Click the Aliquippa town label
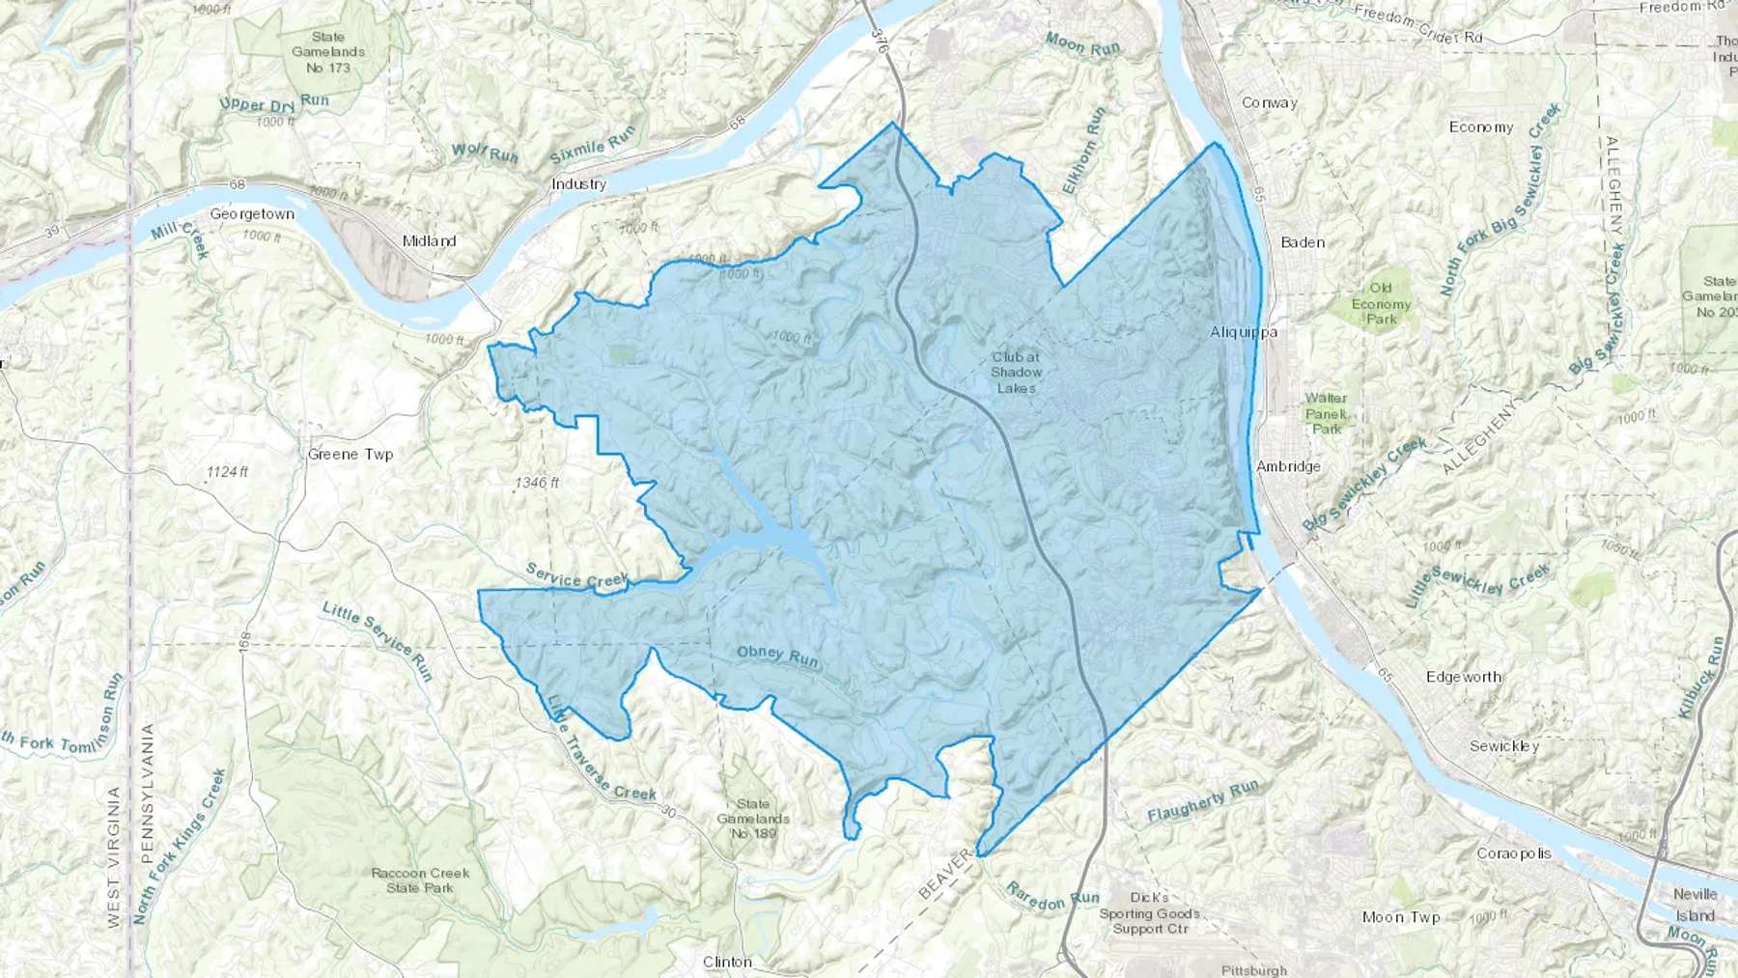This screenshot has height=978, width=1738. [x=1244, y=332]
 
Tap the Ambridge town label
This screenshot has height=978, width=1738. [x=1288, y=466]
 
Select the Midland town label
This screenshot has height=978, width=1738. [x=429, y=241]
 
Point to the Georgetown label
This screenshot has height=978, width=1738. [x=252, y=214]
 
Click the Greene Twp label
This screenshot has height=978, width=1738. [x=350, y=454]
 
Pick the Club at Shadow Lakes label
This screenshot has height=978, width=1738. [x=1016, y=372]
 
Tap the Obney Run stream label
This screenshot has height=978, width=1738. [x=777, y=657]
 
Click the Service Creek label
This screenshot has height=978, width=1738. [x=577, y=576]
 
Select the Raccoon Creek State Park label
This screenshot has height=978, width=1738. [x=420, y=880]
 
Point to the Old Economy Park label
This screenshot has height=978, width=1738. [x=1381, y=303]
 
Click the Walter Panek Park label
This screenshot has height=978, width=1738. [x=1326, y=413]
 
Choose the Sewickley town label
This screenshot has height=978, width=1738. [x=1504, y=746]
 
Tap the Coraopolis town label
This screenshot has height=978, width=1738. [x=1514, y=853]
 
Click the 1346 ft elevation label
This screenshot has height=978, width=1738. [x=537, y=483]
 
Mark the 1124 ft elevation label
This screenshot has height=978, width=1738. [x=227, y=472]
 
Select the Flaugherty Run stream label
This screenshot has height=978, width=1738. [x=1203, y=801]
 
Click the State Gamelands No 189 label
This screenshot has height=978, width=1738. [x=753, y=818]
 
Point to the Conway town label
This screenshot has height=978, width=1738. [x=1270, y=102]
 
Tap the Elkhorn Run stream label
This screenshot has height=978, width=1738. [x=1083, y=151]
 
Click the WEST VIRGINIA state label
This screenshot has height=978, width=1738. [x=114, y=857]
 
